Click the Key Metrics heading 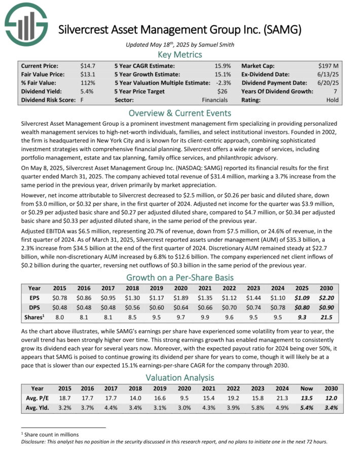(179, 55)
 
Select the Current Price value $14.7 (88, 66)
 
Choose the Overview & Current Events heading (179, 113)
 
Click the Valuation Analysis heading (179, 377)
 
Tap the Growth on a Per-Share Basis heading (179, 277)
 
